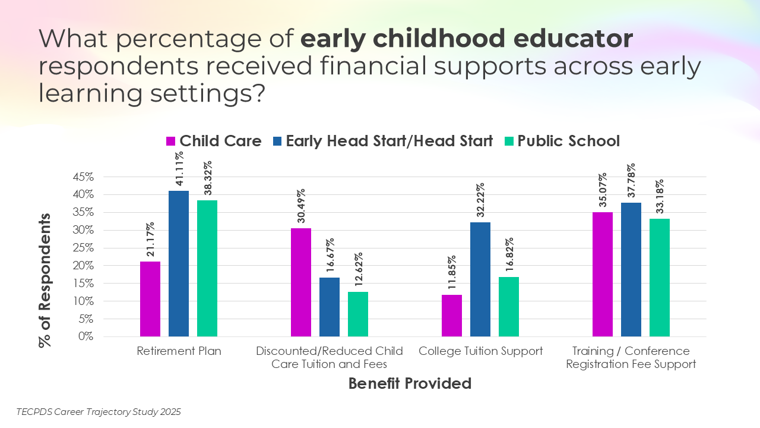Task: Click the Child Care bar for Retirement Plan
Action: click(x=150, y=299)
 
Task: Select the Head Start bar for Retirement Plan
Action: click(x=179, y=263)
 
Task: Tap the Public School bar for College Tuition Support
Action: click(x=509, y=307)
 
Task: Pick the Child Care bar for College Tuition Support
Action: click(x=452, y=316)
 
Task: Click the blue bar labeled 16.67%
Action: click(x=330, y=307)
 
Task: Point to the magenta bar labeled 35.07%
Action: click(x=603, y=274)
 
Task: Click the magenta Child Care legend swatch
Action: click(x=171, y=141)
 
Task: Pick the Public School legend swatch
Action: click(x=509, y=141)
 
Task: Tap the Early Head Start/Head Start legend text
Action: click(x=389, y=141)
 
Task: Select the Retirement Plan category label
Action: click(x=179, y=351)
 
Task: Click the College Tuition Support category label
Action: click(x=480, y=351)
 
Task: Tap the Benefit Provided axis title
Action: click(x=410, y=383)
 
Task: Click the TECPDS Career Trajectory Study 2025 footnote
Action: click(x=99, y=411)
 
